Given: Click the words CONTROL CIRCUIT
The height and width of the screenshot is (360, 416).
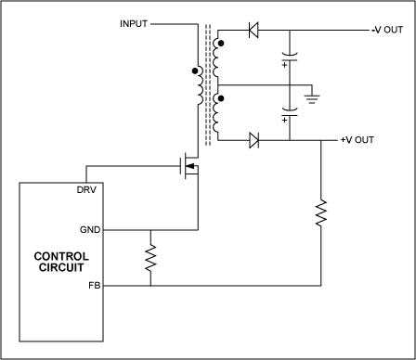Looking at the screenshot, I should pos(61,263).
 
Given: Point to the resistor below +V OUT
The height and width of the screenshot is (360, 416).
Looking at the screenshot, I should pos(320,212).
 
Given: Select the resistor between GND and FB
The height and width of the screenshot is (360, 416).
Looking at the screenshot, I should pos(149,256).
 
